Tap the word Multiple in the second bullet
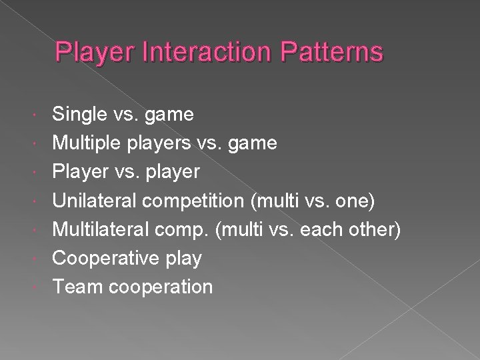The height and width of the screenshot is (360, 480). [x=87, y=143]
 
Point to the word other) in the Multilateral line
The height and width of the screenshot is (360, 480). [x=380, y=229]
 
